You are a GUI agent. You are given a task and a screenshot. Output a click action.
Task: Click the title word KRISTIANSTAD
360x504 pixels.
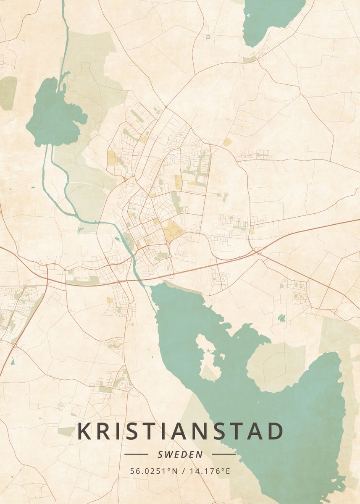click(180, 432)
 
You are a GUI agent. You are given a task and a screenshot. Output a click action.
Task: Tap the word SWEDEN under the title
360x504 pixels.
click(180, 454)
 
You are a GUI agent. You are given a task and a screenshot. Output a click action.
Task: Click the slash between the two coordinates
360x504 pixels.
click(183, 471)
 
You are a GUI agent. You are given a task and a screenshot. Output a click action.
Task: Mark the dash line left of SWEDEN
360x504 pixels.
click(137, 454)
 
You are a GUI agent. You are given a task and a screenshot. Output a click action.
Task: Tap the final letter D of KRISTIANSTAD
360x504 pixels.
click(275, 432)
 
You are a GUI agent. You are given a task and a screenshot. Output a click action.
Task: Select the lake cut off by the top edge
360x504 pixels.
click(272, 19)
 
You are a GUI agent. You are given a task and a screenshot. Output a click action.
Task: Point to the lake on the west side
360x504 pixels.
click(55, 113)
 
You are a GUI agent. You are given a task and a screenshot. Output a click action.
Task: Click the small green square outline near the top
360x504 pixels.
click(208, 37)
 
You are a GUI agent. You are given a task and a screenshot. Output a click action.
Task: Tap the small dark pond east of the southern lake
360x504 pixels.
click(281, 318)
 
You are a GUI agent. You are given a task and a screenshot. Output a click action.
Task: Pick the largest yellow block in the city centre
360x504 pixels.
click(172, 230)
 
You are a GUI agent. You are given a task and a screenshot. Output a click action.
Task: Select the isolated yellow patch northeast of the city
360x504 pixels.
click(228, 142)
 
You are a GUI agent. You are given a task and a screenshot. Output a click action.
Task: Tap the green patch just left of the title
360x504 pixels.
click(66, 431)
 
